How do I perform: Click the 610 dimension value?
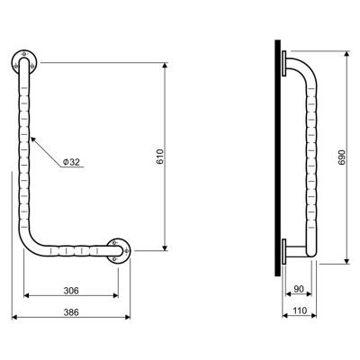tap(160, 157)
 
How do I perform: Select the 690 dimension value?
tap(342, 157)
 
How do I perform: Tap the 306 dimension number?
tap(71, 291)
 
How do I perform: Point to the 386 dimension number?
tap(71, 312)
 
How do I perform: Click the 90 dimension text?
tap(299, 289)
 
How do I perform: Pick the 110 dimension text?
tap(299, 310)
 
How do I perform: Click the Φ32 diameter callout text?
tap(71, 162)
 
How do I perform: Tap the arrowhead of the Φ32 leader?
tap(32, 139)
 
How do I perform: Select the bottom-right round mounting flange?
tap(119, 251)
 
